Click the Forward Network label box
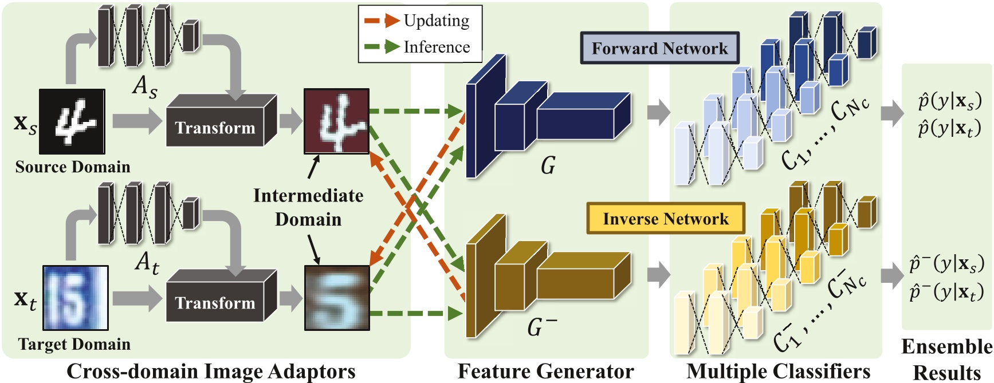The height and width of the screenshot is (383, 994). click(659, 48)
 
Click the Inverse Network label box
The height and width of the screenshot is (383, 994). click(666, 219)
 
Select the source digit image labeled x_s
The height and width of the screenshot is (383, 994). click(72, 121)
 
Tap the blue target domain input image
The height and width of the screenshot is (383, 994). click(75, 298)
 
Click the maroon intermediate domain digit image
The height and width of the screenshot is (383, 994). click(336, 121)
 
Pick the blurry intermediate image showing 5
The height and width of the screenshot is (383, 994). click(337, 298)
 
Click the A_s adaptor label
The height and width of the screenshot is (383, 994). click(144, 87)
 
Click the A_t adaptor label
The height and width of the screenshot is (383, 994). click(147, 263)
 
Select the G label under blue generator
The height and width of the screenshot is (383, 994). click(548, 166)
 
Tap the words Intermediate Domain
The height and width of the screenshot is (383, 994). click(308, 207)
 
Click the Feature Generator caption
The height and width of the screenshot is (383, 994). click(545, 372)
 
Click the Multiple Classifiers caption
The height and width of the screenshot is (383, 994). click(778, 372)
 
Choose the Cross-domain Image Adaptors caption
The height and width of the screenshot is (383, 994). click(211, 372)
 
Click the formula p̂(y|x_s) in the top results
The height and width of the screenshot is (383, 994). click(949, 101)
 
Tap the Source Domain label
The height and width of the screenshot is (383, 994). click(73, 167)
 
